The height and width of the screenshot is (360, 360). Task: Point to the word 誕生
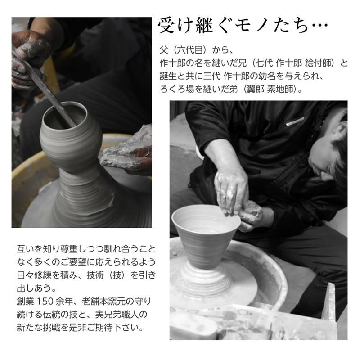[169, 76]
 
